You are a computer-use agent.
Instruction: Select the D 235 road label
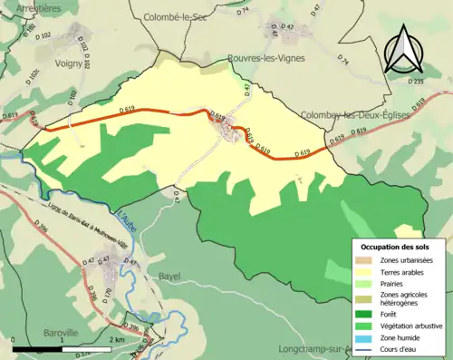(416, 81)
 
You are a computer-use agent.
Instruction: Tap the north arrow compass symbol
(401, 50)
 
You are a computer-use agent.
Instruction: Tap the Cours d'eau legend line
(370, 345)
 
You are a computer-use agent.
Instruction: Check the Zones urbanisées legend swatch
(370, 259)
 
